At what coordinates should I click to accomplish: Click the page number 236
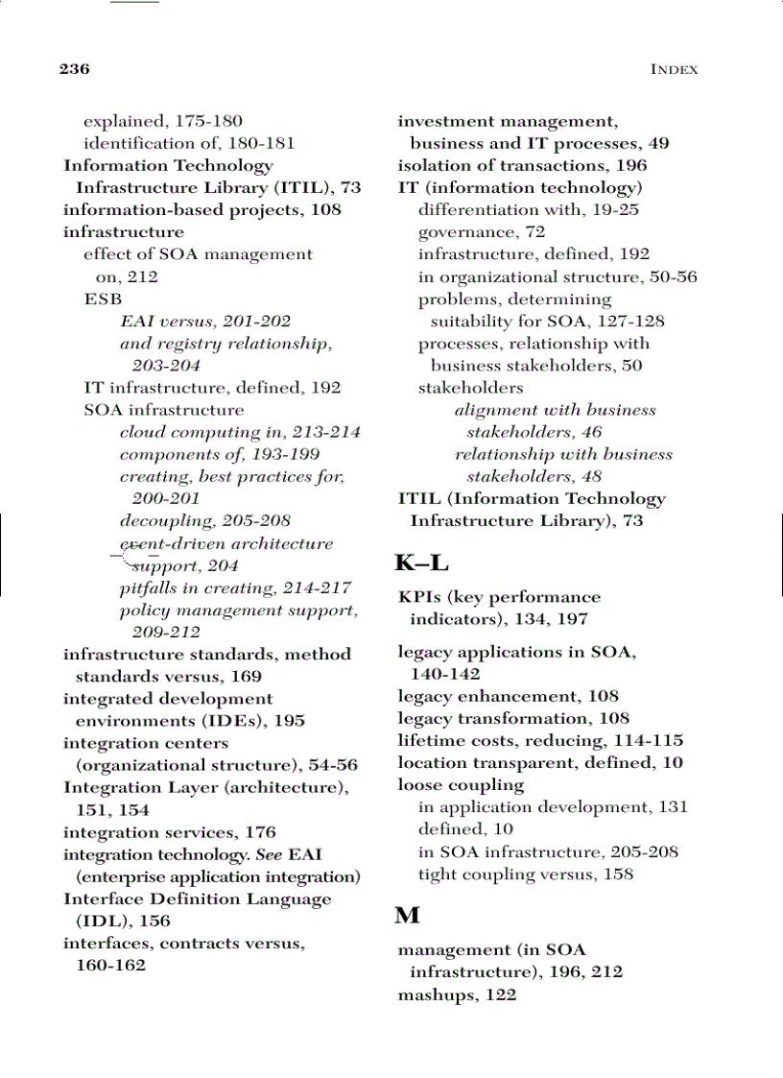pyautogui.click(x=74, y=69)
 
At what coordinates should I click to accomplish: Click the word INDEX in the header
pyautogui.click(x=674, y=69)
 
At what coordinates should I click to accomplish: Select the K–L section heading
pyautogui.click(x=421, y=563)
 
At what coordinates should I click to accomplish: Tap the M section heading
pyautogui.click(x=407, y=916)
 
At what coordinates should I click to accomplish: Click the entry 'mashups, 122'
pyautogui.click(x=457, y=994)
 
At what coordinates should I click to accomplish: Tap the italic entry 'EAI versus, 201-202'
pyautogui.click(x=205, y=321)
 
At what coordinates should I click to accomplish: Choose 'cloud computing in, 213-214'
pyautogui.click(x=240, y=432)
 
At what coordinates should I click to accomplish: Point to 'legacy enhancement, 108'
pyautogui.click(x=508, y=696)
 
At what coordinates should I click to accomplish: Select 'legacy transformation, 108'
pyautogui.click(x=513, y=718)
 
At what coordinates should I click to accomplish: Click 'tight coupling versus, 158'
pyautogui.click(x=525, y=874)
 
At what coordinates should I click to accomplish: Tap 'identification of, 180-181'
pyautogui.click(x=189, y=143)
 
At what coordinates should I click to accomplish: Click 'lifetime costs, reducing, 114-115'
pyautogui.click(x=540, y=740)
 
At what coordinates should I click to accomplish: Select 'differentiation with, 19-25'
pyautogui.click(x=528, y=209)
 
